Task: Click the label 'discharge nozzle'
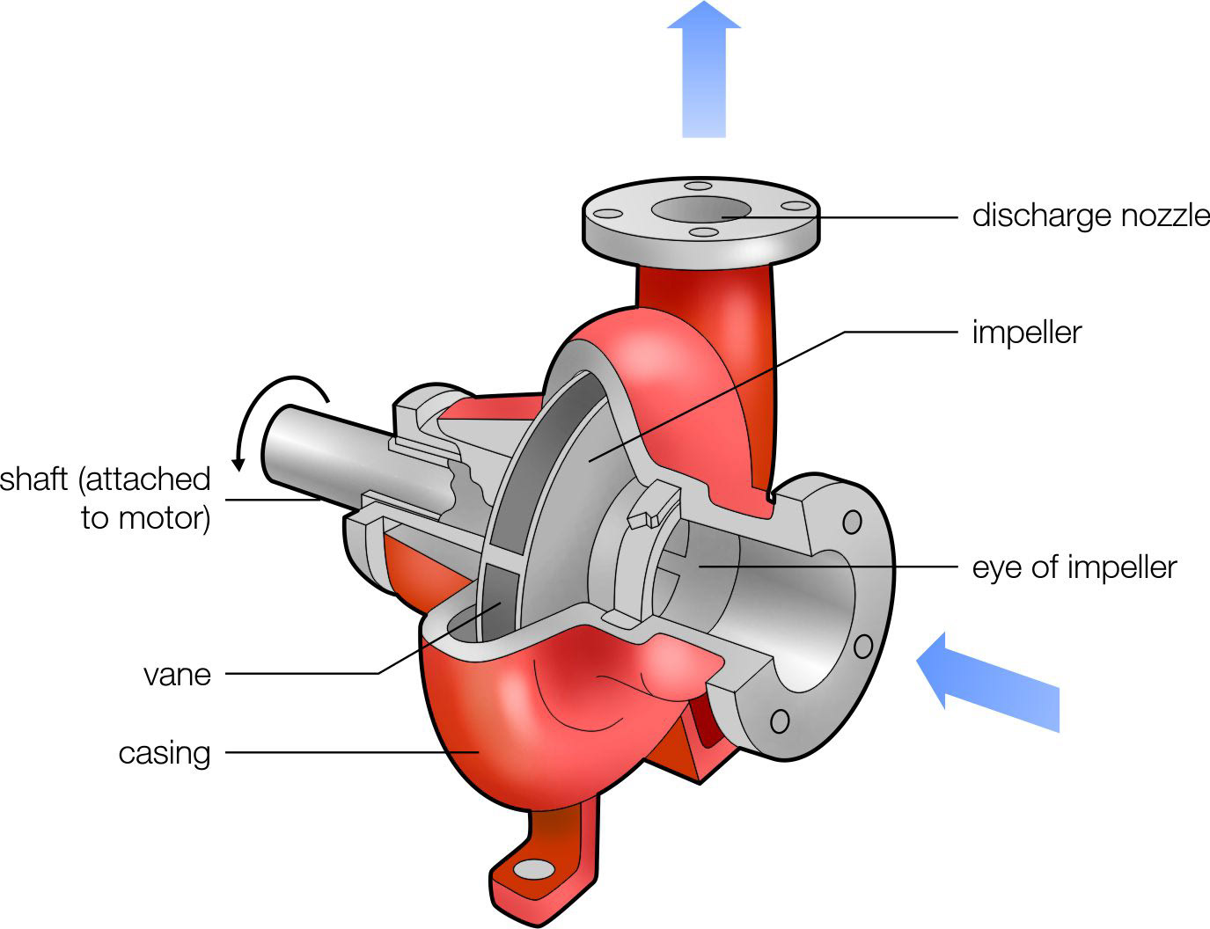[x=1090, y=216]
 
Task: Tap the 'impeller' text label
[x=1026, y=333]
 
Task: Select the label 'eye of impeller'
[x=1074, y=567]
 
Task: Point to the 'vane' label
[x=178, y=675]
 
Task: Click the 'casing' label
[x=165, y=753]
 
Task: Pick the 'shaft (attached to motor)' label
[x=106, y=498]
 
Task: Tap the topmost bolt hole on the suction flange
[x=851, y=522]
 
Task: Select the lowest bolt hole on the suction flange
[x=780, y=721]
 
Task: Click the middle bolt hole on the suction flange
[x=863, y=647]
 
